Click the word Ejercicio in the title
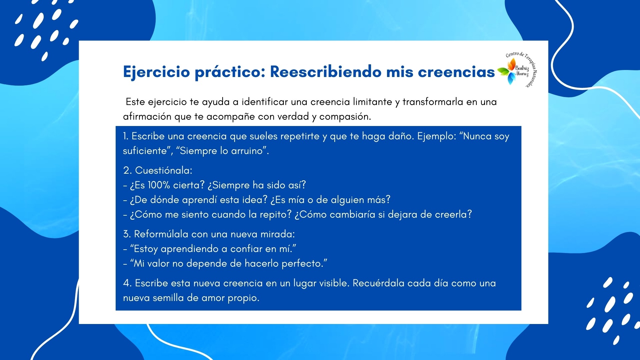coord(157,72)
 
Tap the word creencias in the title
coord(456,71)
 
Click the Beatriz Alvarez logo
coord(517,70)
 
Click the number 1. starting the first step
coord(125,136)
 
